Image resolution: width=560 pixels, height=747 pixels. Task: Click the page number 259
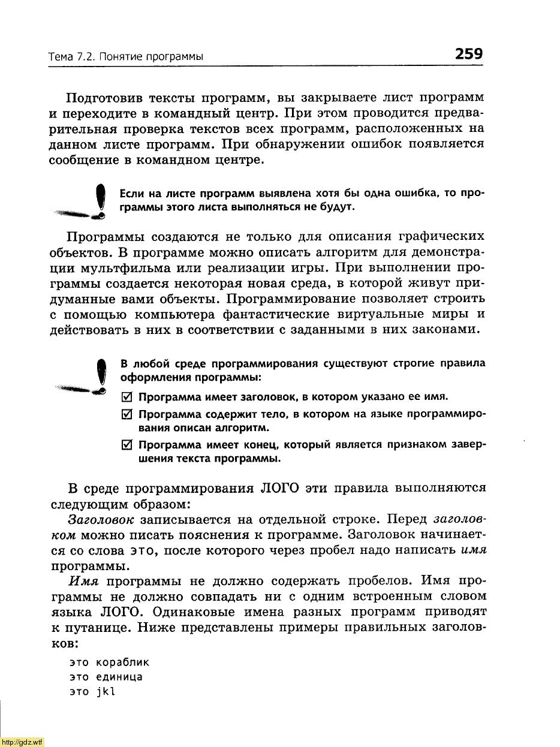(x=469, y=54)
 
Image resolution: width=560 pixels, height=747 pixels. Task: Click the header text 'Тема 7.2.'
(x=71, y=57)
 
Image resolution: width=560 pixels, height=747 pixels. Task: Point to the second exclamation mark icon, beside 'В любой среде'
(x=103, y=375)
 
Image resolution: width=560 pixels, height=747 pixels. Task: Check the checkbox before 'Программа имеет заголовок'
(x=126, y=397)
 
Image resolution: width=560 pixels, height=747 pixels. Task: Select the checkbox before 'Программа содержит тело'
(x=126, y=415)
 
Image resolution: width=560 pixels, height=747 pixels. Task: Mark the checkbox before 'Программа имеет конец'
(x=126, y=445)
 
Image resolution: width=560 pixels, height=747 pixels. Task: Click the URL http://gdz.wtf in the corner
(x=22, y=742)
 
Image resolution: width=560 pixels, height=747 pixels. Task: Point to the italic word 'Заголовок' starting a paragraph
(x=101, y=519)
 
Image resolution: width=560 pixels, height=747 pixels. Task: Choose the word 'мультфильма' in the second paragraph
(x=144, y=267)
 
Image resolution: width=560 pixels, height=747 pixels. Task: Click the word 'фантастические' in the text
(x=272, y=314)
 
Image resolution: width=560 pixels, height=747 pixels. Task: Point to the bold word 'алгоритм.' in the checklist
(x=244, y=428)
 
